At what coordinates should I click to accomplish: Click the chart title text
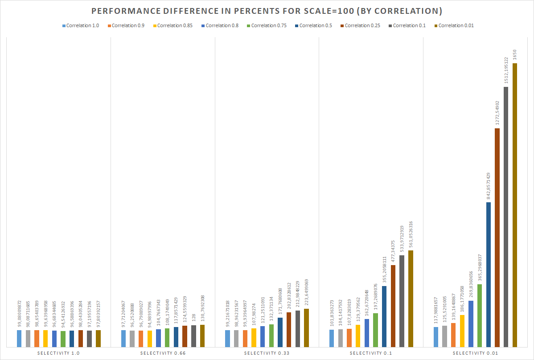click(267, 11)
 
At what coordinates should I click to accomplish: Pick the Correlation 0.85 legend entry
click(173, 25)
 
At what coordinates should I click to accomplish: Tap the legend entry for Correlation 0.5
click(313, 25)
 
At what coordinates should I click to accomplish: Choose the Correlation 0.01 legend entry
click(453, 25)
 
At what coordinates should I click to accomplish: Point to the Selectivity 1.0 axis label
click(59, 353)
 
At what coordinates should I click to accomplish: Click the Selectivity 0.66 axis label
click(163, 353)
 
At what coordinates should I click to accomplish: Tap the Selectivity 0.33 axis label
click(267, 353)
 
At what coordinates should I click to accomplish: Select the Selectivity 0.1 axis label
click(371, 353)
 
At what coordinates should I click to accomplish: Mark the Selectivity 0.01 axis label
click(475, 353)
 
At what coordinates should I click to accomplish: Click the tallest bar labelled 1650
click(515, 205)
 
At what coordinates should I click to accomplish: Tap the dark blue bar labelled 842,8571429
click(489, 274)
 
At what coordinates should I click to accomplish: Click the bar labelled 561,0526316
click(411, 299)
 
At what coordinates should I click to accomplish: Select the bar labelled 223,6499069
click(306, 327)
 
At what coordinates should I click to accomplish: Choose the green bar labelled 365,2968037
click(480, 315)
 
